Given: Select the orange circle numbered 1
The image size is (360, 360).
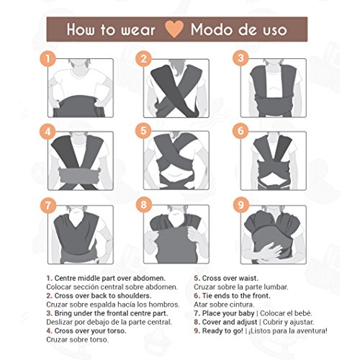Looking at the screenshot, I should click(48, 58).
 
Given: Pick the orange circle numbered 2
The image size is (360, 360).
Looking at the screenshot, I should click(144, 58).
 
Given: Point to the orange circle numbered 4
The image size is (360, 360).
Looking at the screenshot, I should click(48, 131).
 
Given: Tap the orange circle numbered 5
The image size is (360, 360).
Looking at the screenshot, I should click(144, 131).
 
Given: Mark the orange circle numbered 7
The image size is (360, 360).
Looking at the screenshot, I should click(48, 204).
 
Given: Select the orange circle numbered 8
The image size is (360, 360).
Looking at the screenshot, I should click(144, 204).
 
